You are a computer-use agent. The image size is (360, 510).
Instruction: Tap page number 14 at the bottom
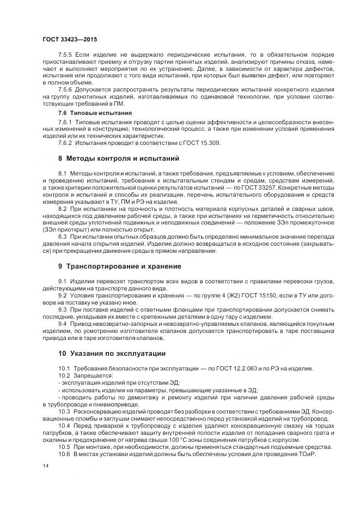[x=45, y=466]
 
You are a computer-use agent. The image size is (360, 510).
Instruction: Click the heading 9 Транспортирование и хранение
[x=120, y=266]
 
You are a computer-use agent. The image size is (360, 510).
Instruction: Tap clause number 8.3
[x=63, y=237]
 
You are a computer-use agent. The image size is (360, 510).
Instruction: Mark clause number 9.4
[x=63, y=324]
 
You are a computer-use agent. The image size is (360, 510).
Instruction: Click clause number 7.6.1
[x=65, y=121]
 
